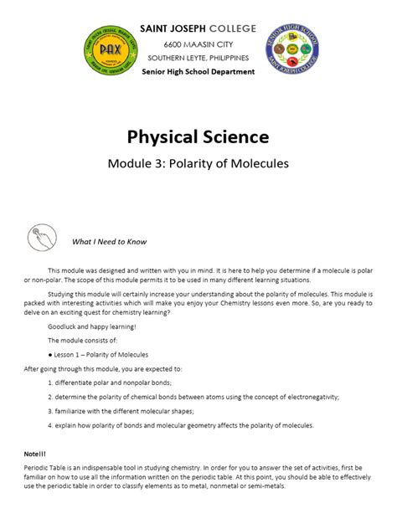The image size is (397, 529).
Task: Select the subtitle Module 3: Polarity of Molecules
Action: [198, 164]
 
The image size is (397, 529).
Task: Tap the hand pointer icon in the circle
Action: [41, 239]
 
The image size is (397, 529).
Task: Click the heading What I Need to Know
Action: [109, 242]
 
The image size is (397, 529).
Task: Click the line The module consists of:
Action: [82, 341]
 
